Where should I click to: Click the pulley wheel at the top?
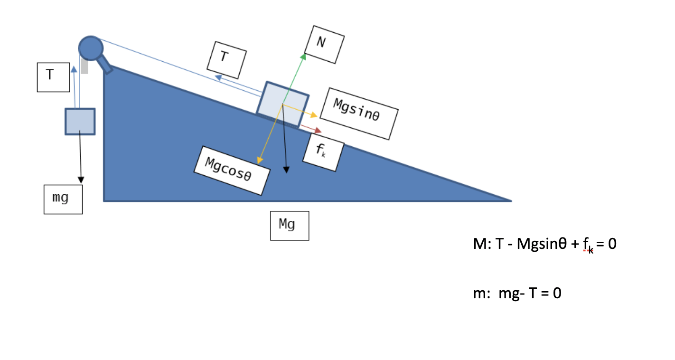click(90, 47)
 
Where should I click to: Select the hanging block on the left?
click(80, 122)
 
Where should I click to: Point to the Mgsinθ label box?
click(359, 114)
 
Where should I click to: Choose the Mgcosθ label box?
click(232, 169)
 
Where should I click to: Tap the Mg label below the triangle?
click(290, 226)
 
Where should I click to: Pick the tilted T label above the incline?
click(227, 60)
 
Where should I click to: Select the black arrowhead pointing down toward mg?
click(81, 180)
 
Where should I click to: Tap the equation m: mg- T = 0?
click(517, 294)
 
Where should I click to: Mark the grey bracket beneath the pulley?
click(84, 66)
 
